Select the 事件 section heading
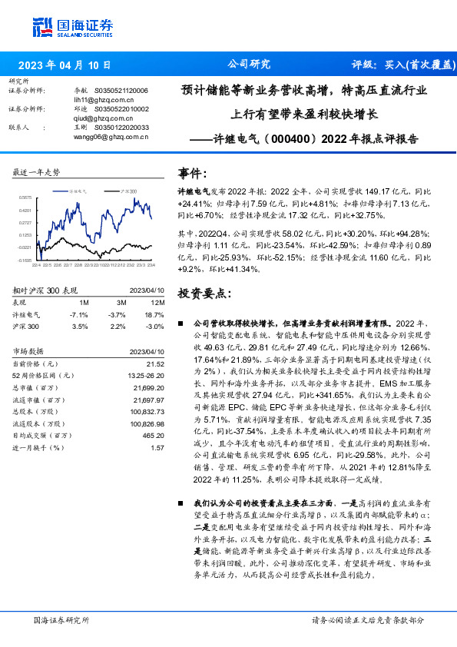coord(192,173)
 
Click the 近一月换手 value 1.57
coord(158,446)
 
